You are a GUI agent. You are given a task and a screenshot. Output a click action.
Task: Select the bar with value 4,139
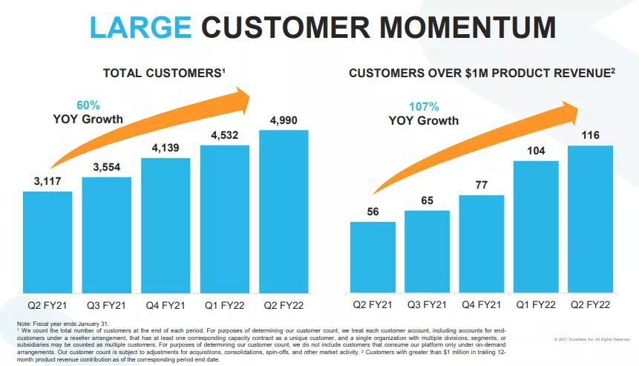click(166, 222)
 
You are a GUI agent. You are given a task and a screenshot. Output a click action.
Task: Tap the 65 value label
click(427, 200)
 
